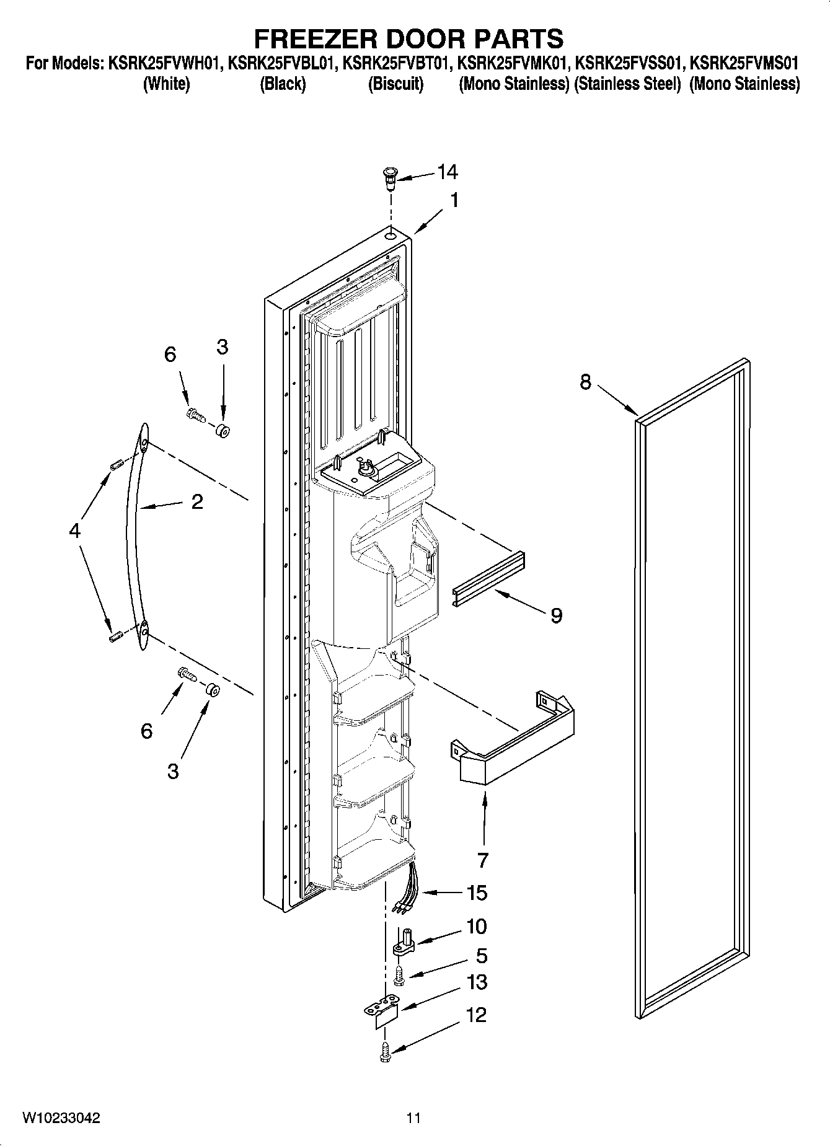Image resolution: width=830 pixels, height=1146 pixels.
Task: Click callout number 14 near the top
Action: tap(448, 172)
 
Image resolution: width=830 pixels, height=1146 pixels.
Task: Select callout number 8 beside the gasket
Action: tap(586, 382)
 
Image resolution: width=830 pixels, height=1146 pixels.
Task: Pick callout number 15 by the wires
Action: tap(477, 893)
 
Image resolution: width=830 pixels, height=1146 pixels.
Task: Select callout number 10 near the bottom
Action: tap(476, 927)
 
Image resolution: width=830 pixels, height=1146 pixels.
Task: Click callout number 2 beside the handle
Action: tap(196, 501)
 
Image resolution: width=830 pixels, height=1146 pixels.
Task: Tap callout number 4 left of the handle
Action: tap(74, 531)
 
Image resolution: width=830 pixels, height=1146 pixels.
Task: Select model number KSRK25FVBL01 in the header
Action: tap(283, 63)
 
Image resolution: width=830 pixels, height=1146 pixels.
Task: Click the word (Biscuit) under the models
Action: tap(395, 84)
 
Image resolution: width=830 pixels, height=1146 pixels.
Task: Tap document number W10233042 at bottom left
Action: tap(61, 1117)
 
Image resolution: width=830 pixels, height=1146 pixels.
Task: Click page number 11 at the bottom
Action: tap(413, 1117)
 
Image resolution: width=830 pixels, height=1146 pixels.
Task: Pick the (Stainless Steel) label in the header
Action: tap(627, 84)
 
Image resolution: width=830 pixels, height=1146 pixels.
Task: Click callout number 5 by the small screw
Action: tap(481, 955)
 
